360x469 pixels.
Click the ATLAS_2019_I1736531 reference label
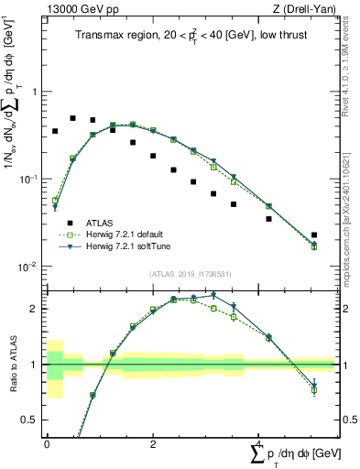pos(191,274)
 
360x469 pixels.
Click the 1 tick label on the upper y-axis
pos(34,93)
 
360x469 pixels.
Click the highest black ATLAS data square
pos(73,118)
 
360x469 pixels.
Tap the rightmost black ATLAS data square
pos(314,235)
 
